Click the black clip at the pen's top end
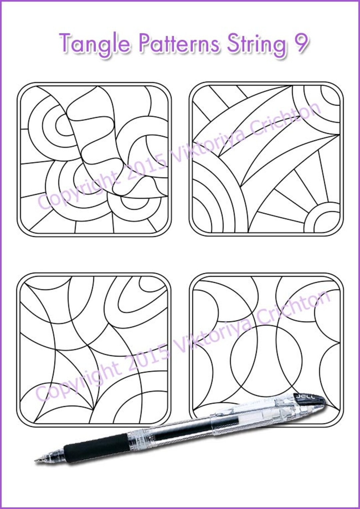pos(309,398)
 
